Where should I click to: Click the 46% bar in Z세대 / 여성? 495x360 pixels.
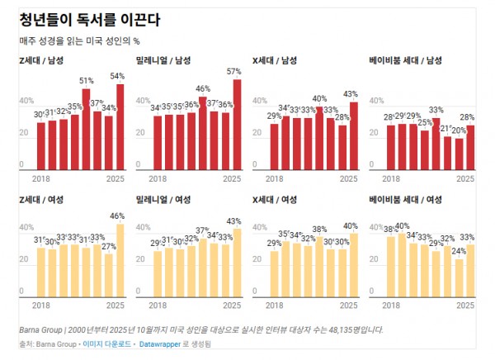pos(120,260)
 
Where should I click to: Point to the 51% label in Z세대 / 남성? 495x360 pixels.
pos(86,81)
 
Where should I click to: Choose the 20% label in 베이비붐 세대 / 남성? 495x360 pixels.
pos(459,130)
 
